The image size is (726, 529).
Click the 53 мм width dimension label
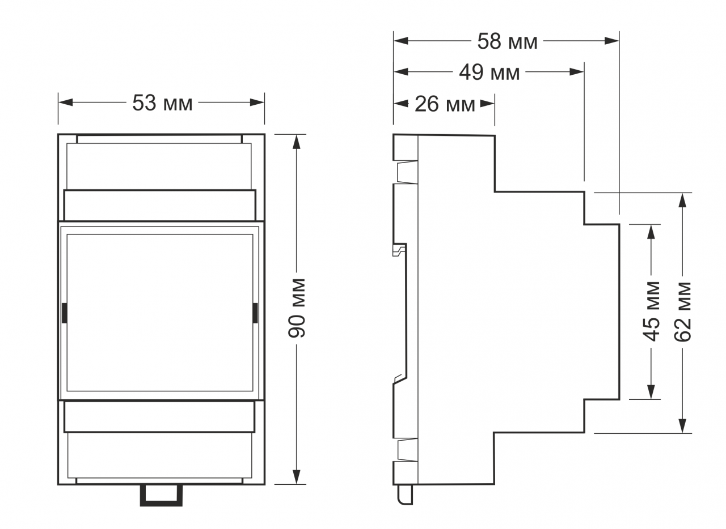coord(162,103)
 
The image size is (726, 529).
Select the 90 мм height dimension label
coord(297,308)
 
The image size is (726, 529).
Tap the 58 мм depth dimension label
coord(507,41)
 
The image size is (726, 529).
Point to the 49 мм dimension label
coord(489,72)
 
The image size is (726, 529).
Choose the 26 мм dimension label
coord(445,104)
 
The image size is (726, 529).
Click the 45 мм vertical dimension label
coord(651,312)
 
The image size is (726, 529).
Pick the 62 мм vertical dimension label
coord(682,312)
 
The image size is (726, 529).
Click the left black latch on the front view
coord(65,313)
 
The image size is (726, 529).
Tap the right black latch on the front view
coord(255,313)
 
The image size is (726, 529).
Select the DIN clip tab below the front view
coord(161,496)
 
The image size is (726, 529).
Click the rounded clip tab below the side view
coord(405,494)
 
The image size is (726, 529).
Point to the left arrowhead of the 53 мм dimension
coord(65,103)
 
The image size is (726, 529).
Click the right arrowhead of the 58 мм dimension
coord(611,41)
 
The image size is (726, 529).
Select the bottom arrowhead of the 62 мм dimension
coord(682,426)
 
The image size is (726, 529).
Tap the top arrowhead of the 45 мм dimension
coord(651,232)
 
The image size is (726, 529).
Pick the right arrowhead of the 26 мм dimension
coord(487,104)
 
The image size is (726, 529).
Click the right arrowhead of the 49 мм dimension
coord(577,71)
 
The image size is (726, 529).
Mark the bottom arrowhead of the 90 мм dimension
coord(297,477)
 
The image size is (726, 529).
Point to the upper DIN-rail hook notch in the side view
coord(399,250)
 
